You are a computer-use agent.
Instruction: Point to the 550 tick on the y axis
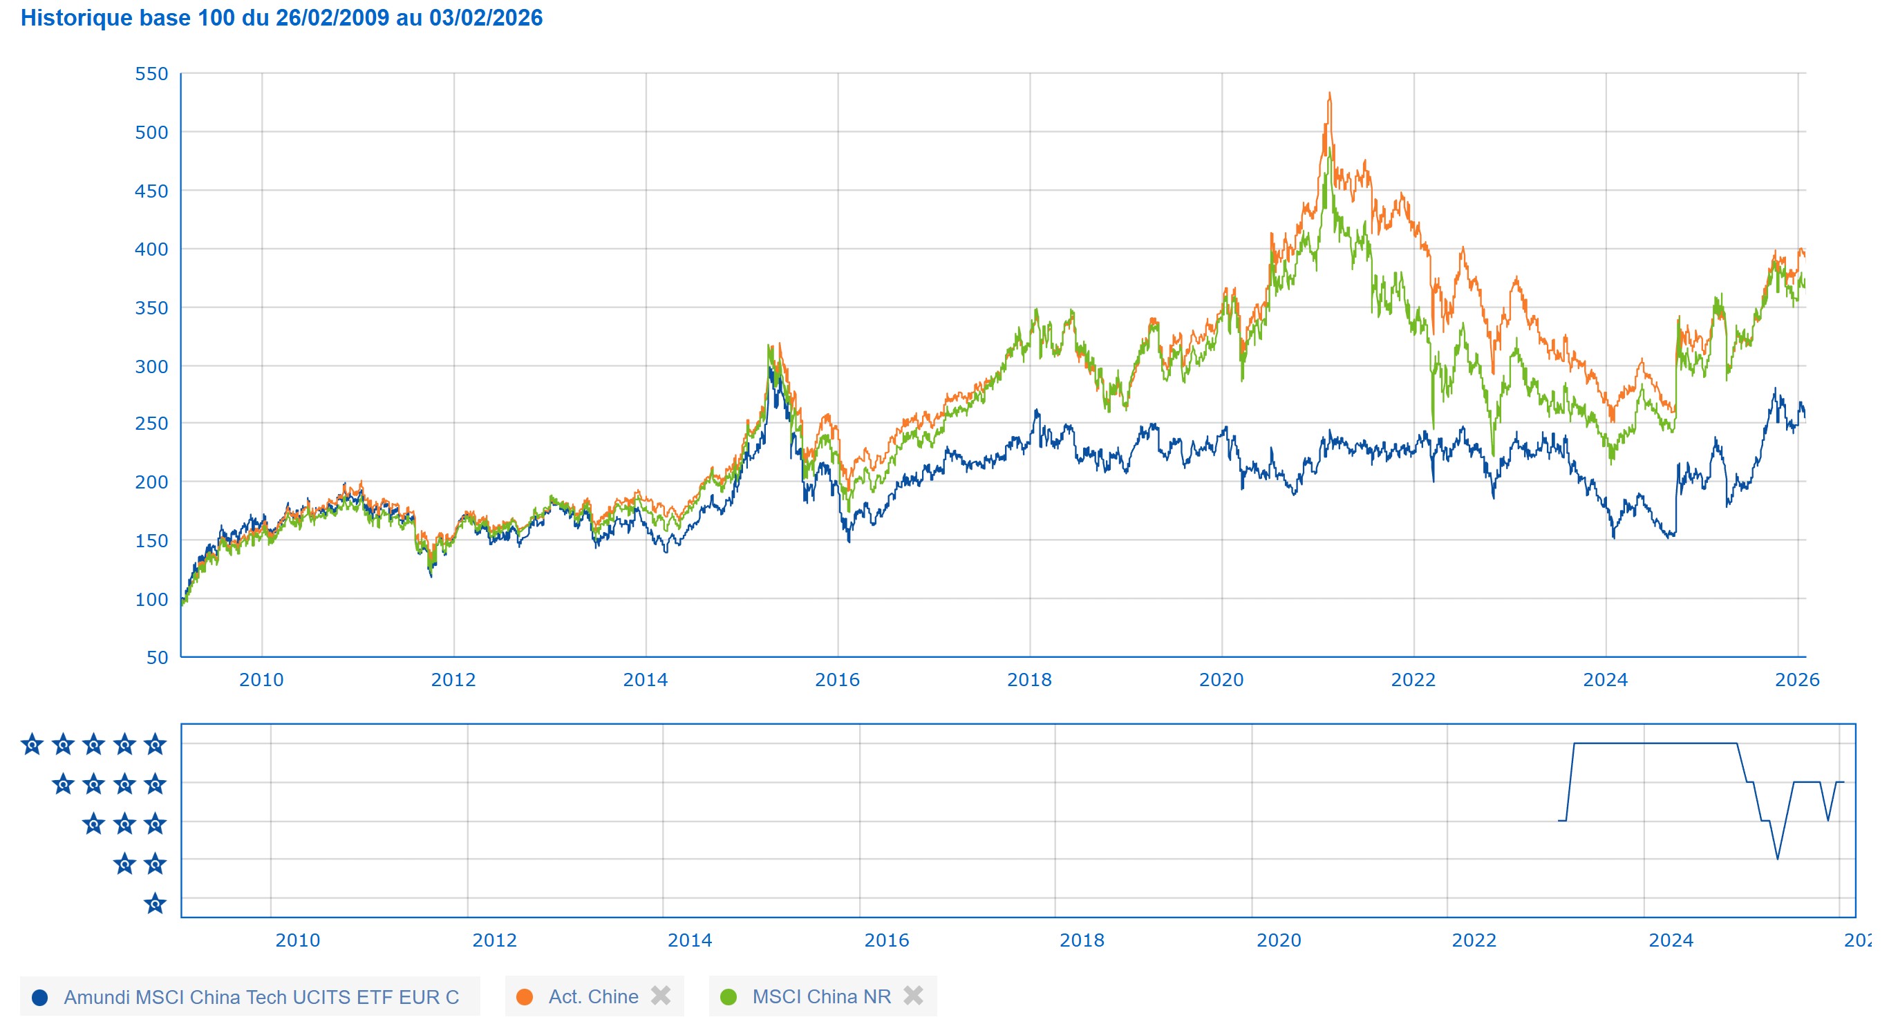pyautogui.click(x=151, y=74)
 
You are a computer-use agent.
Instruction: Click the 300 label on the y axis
pyautogui.click(x=151, y=366)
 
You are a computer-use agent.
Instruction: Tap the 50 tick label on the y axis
pyautogui.click(x=157, y=658)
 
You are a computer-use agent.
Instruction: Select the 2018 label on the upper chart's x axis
pyautogui.click(x=1029, y=680)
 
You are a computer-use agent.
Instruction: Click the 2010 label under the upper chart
pyautogui.click(x=261, y=680)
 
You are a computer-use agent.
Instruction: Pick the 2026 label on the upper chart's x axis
pyautogui.click(x=1796, y=680)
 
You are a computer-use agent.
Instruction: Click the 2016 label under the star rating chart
pyautogui.click(x=886, y=940)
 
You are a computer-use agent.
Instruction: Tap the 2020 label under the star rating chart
pyautogui.click(x=1278, y=940)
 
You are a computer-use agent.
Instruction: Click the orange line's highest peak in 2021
pyautogui.click(x=1329, y=95)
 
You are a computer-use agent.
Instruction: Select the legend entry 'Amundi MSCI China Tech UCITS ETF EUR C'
pyautogui.click(x=261, y=997)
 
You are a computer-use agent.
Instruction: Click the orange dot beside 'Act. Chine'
pyautogui.click(x=525, y=997)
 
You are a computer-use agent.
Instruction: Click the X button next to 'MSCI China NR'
pyautogui.click(x=913, y=996)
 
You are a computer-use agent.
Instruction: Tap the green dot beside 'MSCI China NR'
pyautogui.click(x=729, y=997)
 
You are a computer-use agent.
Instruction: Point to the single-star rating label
pyautogui.click(x=155, y=904)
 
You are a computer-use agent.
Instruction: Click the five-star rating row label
pyautogui.click(x=93, y=745)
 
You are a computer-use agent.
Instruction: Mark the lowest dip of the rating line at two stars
pyautogui.click(x=1778, y=858)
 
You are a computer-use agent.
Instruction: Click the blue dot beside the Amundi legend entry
pyautogui.click(x=39, y=998)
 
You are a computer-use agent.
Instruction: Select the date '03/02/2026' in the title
pyautogui.click(x=485, y=17)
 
